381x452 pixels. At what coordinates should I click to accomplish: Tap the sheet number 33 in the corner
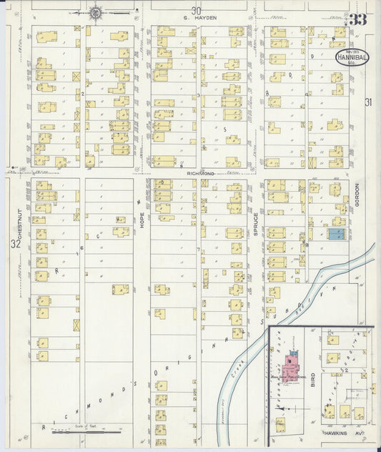tap(358, 19)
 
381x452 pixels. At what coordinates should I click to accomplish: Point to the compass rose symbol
tap(94, 12)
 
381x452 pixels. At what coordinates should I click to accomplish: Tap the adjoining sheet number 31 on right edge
tap(368, 102)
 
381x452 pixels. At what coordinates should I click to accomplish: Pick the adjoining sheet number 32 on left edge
tap(15, 245)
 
